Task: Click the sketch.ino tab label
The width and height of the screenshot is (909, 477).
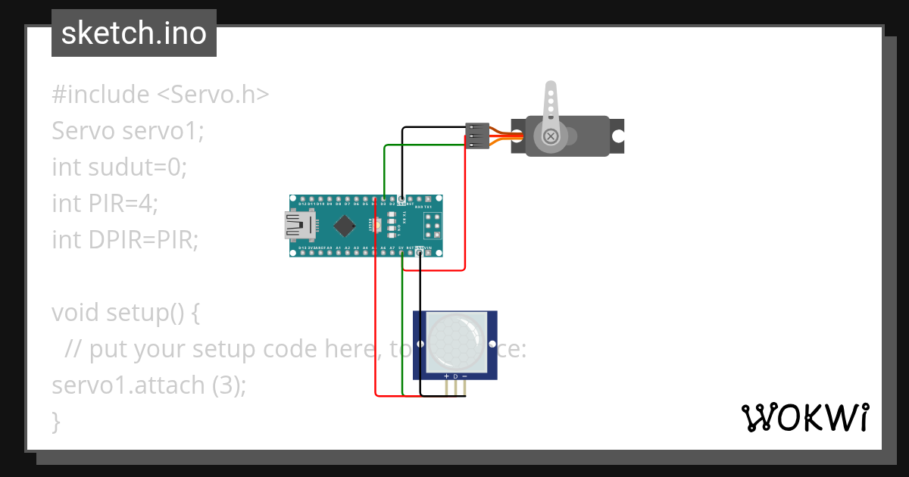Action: (x=133, y=33)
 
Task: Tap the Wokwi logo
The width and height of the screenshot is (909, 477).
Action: (x=804, y=417)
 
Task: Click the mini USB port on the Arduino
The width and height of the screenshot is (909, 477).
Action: (x=298, y=226)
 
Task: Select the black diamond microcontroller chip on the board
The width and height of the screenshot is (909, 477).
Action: (x=345, y=226)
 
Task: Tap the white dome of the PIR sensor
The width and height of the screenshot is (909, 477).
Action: (x=454, y=341)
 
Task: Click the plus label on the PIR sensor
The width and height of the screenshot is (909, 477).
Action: (x=446, y=376)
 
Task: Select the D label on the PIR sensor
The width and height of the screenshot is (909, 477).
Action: (x=455, y=376)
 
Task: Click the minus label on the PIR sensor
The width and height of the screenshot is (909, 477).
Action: (x=464, y=376)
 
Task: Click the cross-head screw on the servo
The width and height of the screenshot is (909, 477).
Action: (x=551, y=136)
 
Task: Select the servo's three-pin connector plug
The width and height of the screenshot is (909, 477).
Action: (x=476, y=136)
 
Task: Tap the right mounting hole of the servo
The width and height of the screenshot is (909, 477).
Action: (x=618, y=136)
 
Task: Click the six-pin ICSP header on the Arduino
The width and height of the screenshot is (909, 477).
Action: (x=432, y=226)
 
